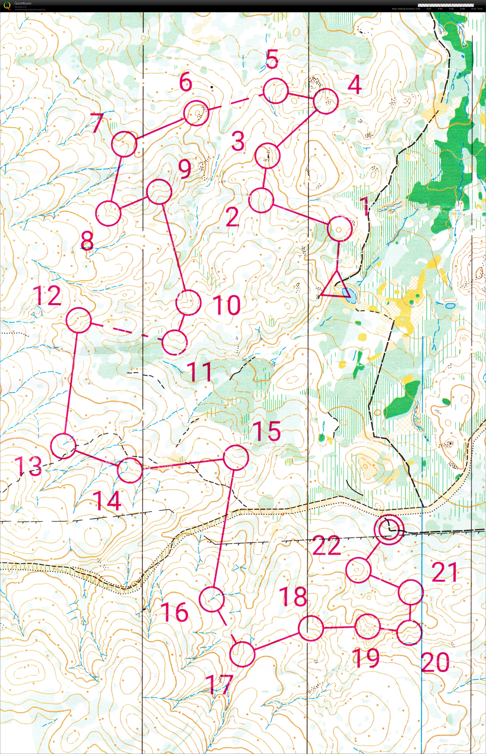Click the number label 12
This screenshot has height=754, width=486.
[48, 296]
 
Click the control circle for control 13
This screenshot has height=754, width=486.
[63, 446]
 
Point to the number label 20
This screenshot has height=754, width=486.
[435, 662]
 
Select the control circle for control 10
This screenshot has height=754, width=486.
[188, 302]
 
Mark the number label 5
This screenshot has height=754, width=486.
[272, 59]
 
